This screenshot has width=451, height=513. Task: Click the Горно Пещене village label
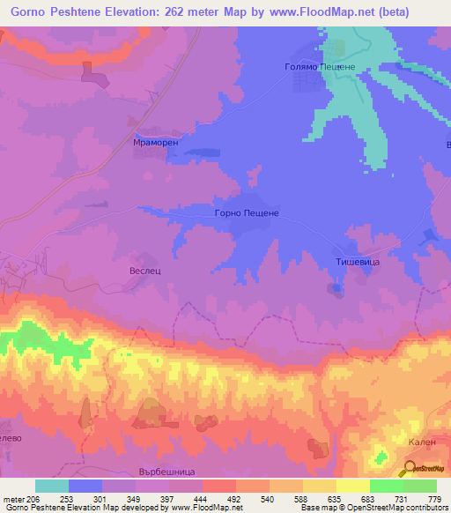coord(247,213)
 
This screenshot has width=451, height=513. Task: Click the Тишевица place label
coord(339,261)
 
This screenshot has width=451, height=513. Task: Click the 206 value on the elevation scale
coord(33,498)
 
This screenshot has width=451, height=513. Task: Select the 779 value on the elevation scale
coord(435,498)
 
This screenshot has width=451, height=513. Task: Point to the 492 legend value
coord(234,498)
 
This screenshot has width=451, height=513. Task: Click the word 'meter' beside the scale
coord(15,498)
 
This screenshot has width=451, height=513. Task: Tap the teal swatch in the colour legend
coord(51,486)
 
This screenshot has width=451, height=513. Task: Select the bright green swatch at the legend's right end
coord(420,486)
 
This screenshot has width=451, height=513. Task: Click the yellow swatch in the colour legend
coord(353,486)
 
